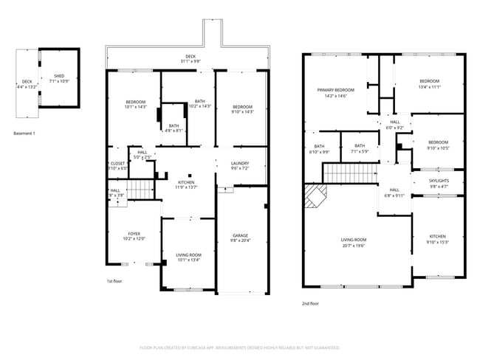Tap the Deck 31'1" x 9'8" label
[x=191, y=58]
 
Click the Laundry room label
[x=239, y=165]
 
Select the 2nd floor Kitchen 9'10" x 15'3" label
[x=438, y=239]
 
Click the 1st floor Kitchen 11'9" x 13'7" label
[x=186, y=184]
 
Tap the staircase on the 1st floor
[x=140, y=191]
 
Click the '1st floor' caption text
[x=114, y=281]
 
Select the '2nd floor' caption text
[x=310, y=303]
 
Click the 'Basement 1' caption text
[x=26, y=133]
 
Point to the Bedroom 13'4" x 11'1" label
[x=430, y=83]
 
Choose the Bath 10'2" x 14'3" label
[x=199, y=104]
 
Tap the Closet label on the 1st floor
[x=118, y=166]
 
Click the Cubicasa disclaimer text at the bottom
[x=239, y=347]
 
